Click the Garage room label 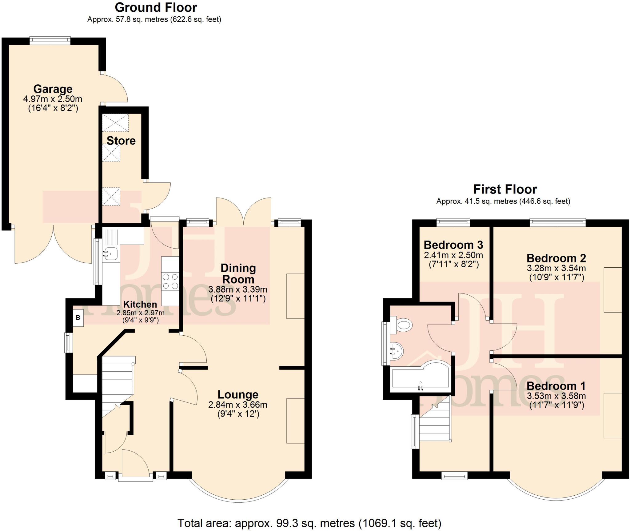(53, 89)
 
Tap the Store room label (121, 141)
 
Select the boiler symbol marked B (78, 317)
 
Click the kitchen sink (110, 254)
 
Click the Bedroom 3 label (453, 245)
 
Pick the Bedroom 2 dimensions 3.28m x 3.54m (556, 268)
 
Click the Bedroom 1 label (556, 386)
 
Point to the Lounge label (238, 394)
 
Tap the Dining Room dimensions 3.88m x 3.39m (237, 289)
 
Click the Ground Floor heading (156, 7)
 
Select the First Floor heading (505, 189)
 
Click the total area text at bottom (309, 523)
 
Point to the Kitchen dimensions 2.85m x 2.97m (140, 313)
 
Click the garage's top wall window (50, 40)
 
